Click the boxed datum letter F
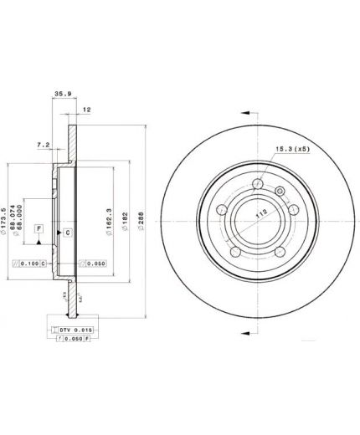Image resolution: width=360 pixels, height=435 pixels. (x=39, y=228)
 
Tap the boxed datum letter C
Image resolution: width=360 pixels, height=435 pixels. (x=68, y=231)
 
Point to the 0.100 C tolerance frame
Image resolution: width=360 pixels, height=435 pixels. (x=39, y=264)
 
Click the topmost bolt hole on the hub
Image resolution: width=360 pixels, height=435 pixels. (x=258, y=186)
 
